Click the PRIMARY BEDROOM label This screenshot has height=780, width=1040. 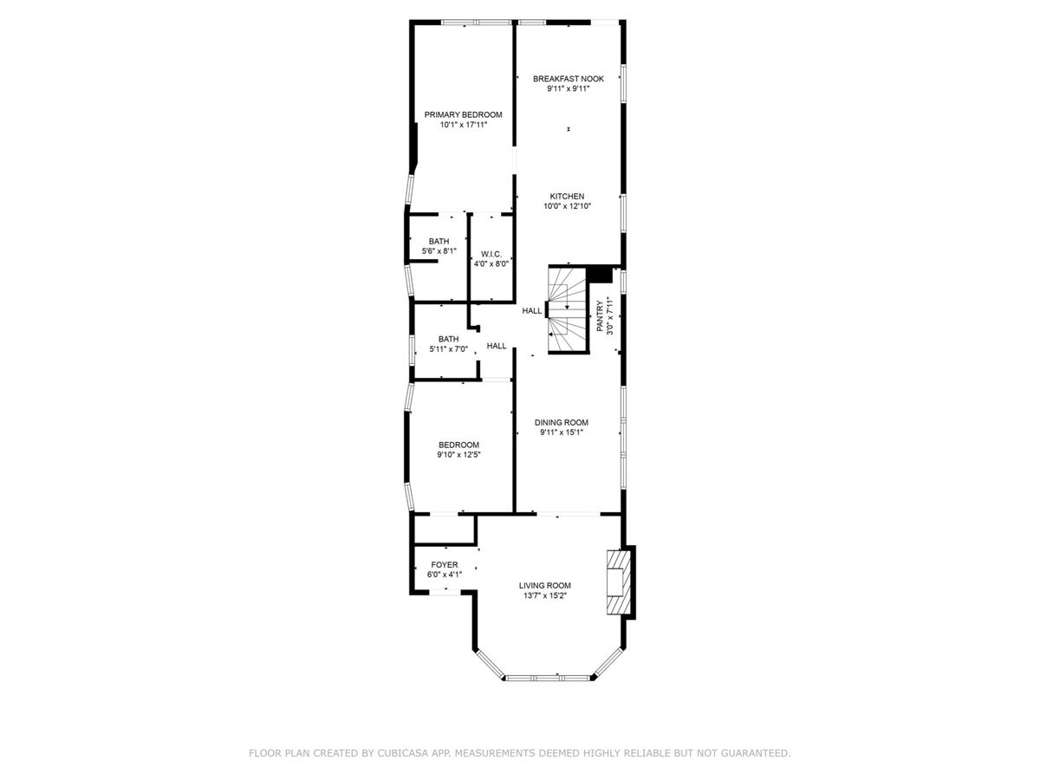coord(463,114)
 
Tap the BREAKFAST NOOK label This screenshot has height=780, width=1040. coord(568,79)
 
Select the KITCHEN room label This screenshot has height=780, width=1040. coord(567,196)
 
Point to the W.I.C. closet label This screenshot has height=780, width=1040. coord(491,254)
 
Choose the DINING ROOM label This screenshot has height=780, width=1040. coord(562,422)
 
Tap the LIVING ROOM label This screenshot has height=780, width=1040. coord(545,585)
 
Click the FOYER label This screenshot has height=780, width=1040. coord(445,564)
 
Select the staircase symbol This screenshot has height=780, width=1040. coord(568,310)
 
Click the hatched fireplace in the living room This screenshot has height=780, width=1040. coord(619,582)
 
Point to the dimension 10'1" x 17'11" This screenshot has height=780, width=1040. coord(464,125)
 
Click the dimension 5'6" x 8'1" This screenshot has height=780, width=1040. coord(439,251)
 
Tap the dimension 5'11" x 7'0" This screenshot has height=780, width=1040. coord(448,349)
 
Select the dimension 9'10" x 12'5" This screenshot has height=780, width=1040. coord(458,455)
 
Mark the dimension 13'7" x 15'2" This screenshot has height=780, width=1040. coord(545,595)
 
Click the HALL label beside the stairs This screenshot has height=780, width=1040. coord(531,311)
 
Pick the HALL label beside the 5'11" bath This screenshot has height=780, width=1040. coord(497,346)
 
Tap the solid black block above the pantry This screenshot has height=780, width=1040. coord(600,275)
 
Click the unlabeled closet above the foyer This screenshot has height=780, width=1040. coord(444,530)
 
